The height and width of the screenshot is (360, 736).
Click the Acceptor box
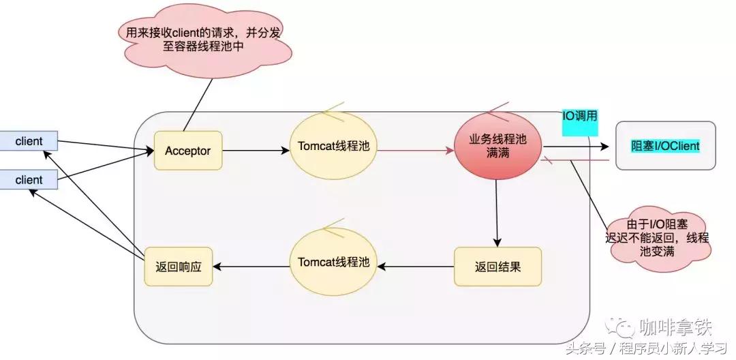188,150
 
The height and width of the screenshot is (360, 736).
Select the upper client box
29,141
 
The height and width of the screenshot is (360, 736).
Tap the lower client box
29,180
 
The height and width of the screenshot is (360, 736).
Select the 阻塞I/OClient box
665,146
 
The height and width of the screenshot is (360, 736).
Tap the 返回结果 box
497,267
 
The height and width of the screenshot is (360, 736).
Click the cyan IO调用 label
580,117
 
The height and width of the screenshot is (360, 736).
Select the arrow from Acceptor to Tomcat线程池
256,150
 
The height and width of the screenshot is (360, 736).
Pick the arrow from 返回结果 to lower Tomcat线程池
416,266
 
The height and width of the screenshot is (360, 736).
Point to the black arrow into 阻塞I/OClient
576,145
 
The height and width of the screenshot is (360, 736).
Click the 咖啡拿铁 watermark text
675,328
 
